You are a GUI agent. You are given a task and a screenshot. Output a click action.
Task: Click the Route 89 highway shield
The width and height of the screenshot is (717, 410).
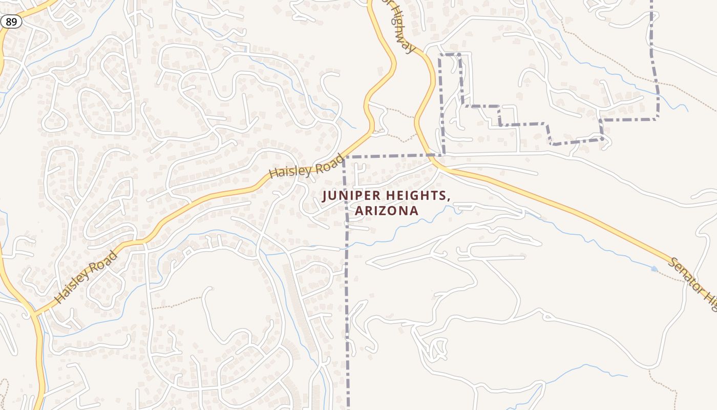click(11, 22)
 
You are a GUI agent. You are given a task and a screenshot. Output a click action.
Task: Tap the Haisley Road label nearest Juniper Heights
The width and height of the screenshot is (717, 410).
click(306, 166)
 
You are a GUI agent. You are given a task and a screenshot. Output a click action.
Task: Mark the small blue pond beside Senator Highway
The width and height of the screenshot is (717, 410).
click(655, 269)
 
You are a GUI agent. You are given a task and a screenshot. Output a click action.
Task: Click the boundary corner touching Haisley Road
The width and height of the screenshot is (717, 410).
click(344, 157)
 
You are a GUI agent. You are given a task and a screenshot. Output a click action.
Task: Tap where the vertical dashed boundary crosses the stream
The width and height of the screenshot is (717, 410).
click(346, 245)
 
